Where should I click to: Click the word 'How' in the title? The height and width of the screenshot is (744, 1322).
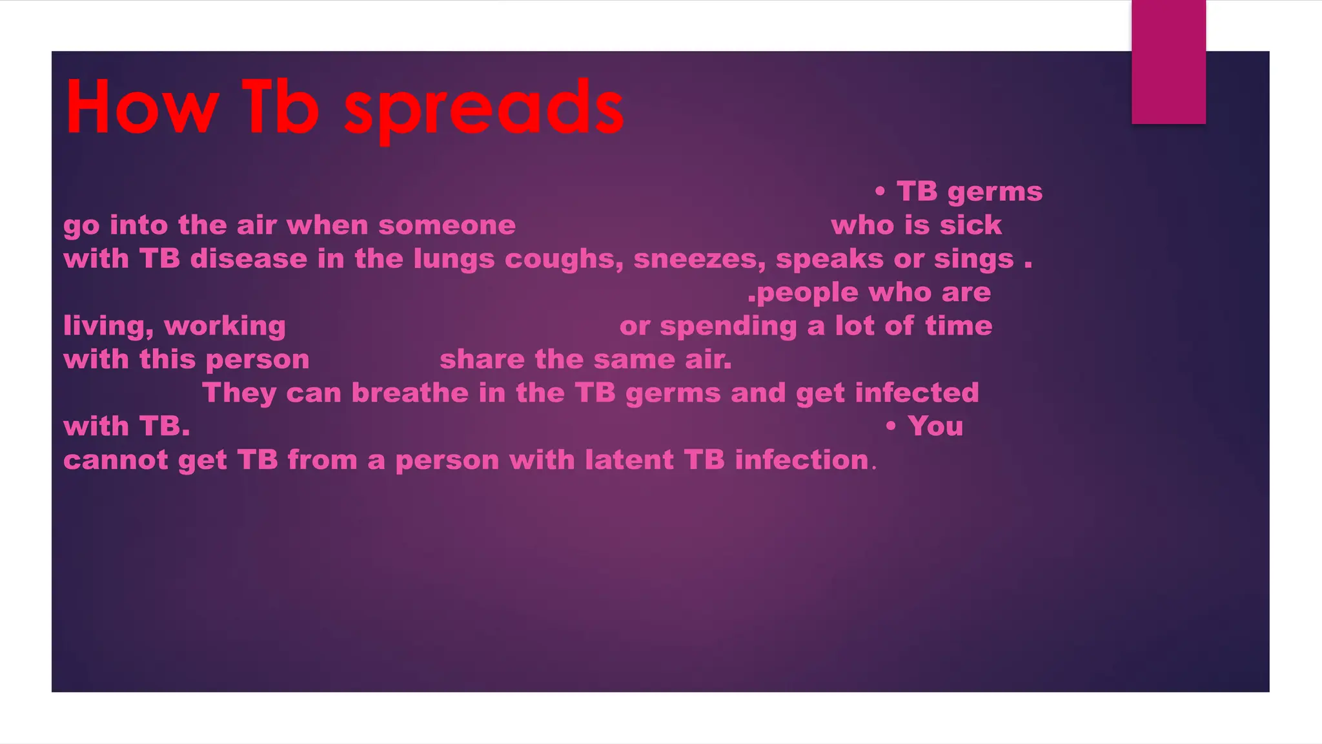[141, 107]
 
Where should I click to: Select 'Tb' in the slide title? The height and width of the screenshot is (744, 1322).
[280, 107]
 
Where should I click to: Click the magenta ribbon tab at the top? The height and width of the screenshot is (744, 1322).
[1168, 61]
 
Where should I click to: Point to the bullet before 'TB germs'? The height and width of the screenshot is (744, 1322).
[880, 191]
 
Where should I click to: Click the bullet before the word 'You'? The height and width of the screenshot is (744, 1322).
[891, 426]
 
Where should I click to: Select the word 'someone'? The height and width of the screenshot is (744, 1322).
[447, 225]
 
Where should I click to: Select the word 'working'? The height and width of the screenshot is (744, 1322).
[225, 326]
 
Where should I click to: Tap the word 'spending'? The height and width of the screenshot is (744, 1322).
[728, 326]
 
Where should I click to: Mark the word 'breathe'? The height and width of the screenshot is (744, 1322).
[409, 393]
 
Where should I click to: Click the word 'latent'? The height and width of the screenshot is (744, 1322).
[629, 460]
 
